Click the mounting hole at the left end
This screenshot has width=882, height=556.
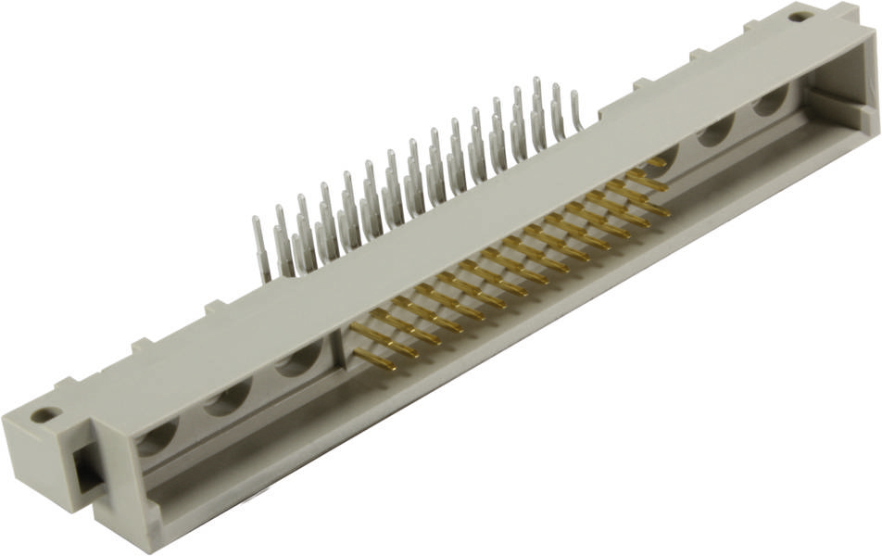[44, 415]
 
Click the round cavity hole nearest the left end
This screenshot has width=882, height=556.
[157, 435]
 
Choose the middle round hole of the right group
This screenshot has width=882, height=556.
[715, 130]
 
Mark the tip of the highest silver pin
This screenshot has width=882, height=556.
[535, 81]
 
